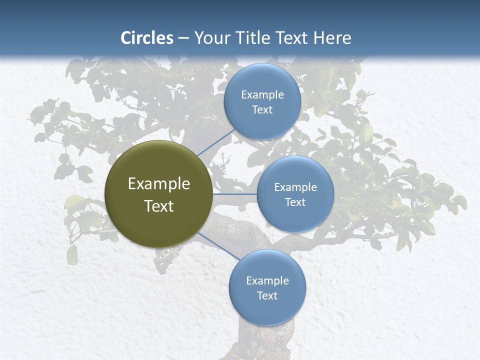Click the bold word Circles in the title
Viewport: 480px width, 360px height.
pyautogui.click(x=147, y=38)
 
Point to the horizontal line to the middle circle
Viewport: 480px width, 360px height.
pyautogui.click(x=235, y=194)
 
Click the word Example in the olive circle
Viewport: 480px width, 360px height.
pyautogui.click(x=159, y=184)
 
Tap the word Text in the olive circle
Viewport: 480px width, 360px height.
pyautogui.click(x=159, y=206)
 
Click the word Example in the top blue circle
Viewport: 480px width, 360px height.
pyautogui.click(x=262, y=94)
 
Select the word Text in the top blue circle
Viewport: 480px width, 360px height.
pyautogui.click(x=262, y=109)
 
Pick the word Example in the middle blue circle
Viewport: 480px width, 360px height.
pyautogui.click(x=295, y=187)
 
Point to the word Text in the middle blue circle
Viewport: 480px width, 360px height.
pyautogui.click(x=295, y=202)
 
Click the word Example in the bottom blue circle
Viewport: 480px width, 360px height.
pyautogui.click(x=267, y=280)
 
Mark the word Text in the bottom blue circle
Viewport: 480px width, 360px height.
pyautogui.click(x=267, y=295)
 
